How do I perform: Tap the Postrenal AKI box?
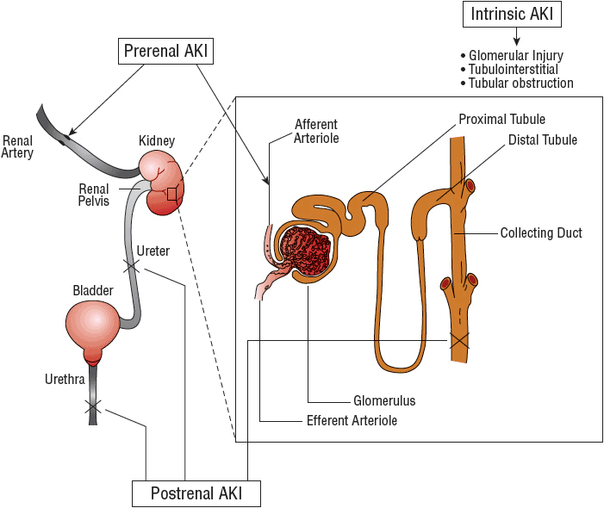[196, 493]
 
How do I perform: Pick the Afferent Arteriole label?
[316, 130]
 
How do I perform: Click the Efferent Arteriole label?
[352, 421]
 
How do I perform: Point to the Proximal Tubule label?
[501, 120]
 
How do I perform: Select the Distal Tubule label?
[542, 139]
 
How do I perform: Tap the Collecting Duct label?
[541, 232]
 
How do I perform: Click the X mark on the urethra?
[92, 405]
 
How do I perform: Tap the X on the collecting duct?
[458, 340]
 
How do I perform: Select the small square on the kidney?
[171, 195]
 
